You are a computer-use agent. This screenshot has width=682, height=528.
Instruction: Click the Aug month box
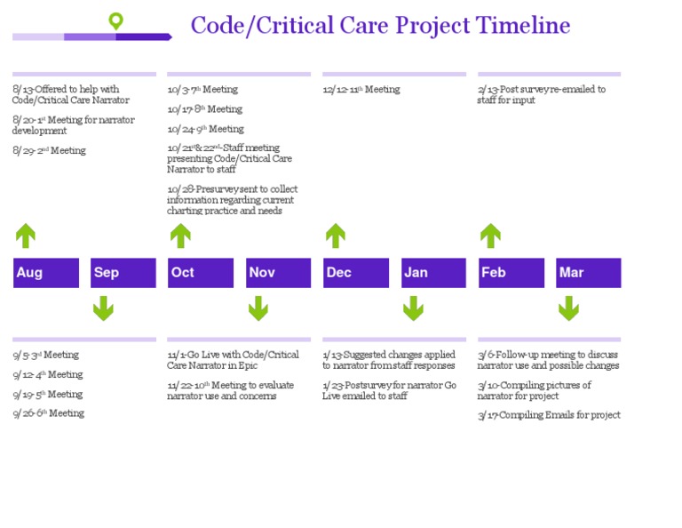[46, 273]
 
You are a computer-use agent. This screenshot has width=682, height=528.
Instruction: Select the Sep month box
[123, 273]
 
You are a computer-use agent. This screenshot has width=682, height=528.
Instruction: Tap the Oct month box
[201, 273]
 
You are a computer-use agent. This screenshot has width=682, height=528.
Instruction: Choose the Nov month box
[278, 273]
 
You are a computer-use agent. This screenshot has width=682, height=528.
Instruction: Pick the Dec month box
[356, 273]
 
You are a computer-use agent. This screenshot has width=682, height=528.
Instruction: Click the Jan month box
[433, 273]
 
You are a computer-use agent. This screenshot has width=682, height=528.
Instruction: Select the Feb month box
[511, 273]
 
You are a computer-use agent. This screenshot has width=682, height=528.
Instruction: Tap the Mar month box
[589, 273]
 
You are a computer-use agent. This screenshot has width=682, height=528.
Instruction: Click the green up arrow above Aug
[26, 236]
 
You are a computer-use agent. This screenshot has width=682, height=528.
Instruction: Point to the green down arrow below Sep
[103, 308]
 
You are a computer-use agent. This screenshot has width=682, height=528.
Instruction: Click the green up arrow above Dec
[336, 236]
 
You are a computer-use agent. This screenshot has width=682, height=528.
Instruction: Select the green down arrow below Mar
[568, 308]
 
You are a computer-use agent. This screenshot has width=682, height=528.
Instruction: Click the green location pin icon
[115, 21]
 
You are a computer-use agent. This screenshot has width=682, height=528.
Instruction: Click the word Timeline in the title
[522, 25]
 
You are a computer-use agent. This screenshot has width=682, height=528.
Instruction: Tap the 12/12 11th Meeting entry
[361, 90]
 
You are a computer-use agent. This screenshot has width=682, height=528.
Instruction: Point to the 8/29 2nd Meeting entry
[50, 151]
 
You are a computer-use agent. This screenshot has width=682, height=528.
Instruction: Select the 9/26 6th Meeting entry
[49, 413]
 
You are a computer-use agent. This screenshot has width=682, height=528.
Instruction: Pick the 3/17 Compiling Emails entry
[549, 415]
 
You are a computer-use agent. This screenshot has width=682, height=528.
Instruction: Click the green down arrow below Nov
[258, 308]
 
